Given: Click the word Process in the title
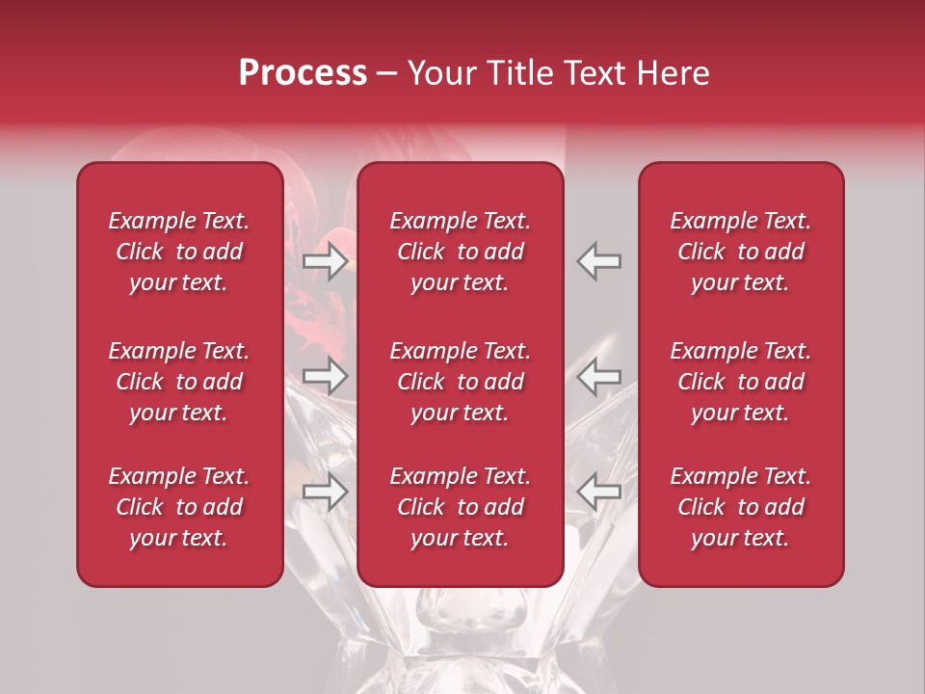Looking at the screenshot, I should pyautogui.click(x=303, y=73).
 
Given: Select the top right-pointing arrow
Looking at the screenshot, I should pyautogui.click(x=326, y=260).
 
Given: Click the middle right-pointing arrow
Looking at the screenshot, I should pyautogui.click(x=326, y=375).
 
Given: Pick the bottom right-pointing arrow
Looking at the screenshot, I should pyautogui.click(x=326, y=492).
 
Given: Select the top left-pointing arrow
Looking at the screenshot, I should pyautogui.click(x=599, y=260).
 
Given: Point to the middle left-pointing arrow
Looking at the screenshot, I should pyautogui.click(x=599, y=375).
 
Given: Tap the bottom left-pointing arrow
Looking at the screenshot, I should pyautogui.click(x=599, y=492).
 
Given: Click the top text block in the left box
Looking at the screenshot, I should pyautogui.click(x=179, y=252).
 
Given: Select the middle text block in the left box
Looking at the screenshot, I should pyautogui.click(x=179, y=382).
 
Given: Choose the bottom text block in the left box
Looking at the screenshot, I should pyautogui.click(x=179, y=507).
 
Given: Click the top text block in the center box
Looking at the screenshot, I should pyautogui.click(x=460, y=252).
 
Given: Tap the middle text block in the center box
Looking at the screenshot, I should pyautogui.click(x=460, y=382).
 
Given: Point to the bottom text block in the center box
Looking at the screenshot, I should pyautogui.click(x=460, y=507).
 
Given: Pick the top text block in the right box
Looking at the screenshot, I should pyautogui.click(x=740, y=252).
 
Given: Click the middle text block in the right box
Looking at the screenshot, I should pyautogui.click(x=740, y=382).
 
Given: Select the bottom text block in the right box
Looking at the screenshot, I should pyautogui.click(x=740, y=507).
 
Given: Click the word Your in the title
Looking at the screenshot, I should pyautogui.click(x=438, y=73).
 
